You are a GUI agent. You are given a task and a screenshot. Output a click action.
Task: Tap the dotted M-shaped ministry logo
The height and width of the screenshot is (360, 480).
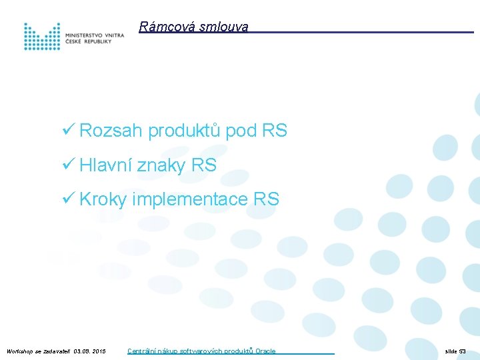[x=42, y=36]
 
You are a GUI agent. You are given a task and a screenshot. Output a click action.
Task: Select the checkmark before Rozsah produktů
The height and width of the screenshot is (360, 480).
[x=66, y=131]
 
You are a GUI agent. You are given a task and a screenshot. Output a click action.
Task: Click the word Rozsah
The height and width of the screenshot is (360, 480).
[x=111, y=131]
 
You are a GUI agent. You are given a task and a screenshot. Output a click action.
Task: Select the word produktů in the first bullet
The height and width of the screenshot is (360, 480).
[x=184, y=131]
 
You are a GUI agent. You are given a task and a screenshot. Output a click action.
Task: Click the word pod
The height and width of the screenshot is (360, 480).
[x=241, y=131]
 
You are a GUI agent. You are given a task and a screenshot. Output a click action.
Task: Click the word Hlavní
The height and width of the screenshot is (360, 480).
[x=106, y=165]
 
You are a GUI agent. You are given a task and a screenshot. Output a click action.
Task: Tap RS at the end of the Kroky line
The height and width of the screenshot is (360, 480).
[x=267, y=199]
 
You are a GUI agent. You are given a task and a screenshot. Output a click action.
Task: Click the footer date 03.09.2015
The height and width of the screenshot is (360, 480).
[x=90, y=351]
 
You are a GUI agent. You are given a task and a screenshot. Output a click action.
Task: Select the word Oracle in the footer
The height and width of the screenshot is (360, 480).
[x=265, y=351]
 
